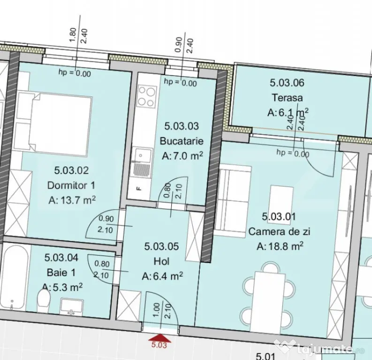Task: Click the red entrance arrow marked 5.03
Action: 160,337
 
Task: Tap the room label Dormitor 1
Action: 71,185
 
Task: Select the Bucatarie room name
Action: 182,141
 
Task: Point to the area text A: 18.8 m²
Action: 280,247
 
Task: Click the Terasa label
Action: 287,97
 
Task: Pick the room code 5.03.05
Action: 161,247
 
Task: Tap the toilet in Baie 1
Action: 44,300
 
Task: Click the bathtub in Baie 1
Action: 15,277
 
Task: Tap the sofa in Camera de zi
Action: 233,201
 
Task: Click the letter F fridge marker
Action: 139,189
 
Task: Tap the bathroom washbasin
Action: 71,307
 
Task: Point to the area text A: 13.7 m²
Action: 72,201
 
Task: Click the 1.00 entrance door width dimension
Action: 156,310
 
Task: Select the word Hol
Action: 161,262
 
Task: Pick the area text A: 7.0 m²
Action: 182,156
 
